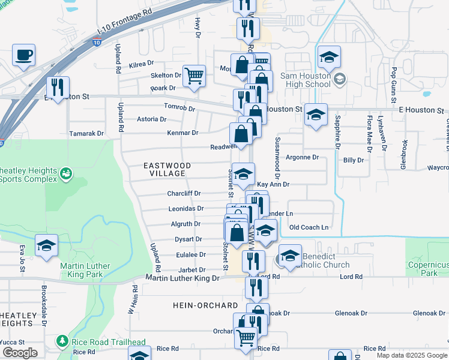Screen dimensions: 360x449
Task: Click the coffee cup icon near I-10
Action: tap(23, 55)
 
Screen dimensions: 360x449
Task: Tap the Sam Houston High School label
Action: tap(298, 80)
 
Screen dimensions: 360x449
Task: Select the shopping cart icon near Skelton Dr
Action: tap(194, 76)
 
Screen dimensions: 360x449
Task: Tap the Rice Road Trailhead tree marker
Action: tap(62, 341)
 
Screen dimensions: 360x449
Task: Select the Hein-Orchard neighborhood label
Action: tap(206, 305)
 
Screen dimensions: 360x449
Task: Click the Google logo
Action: tap(20, 353)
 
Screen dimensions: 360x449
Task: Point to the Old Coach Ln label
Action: tap(309, 227)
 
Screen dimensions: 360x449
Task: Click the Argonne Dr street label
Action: tap(301, 157)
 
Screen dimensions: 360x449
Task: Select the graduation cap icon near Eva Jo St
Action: tap(46, 245)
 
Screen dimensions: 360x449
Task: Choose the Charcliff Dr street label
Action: tap(184, 194)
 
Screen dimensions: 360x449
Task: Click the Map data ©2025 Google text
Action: tap(412, 355)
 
